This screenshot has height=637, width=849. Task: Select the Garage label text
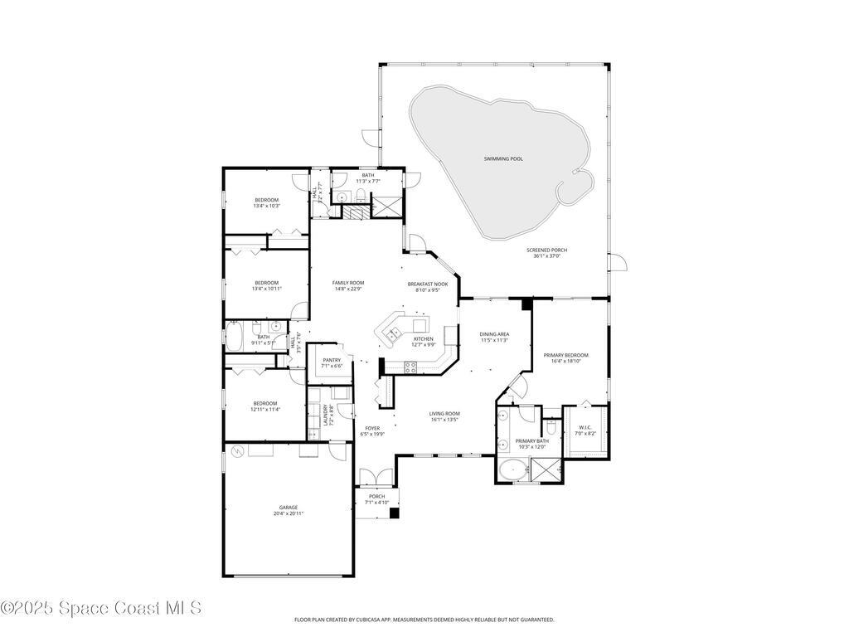[x=288, y=508]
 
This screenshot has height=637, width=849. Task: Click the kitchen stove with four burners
[x=410, y=367]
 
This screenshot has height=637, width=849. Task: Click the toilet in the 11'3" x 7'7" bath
[x=361, y=197]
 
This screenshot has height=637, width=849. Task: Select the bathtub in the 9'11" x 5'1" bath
[x=235, y=336]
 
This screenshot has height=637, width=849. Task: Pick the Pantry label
[x=332, y=360]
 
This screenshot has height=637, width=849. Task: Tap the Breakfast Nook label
[x=427, y=284]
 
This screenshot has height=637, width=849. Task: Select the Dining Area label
[x=494, y=333]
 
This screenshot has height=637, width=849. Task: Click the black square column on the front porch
[x=395, y=513]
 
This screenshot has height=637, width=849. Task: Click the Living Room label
[x=444, y=413]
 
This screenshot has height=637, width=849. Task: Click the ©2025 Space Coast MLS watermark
[x=100, y=608]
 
